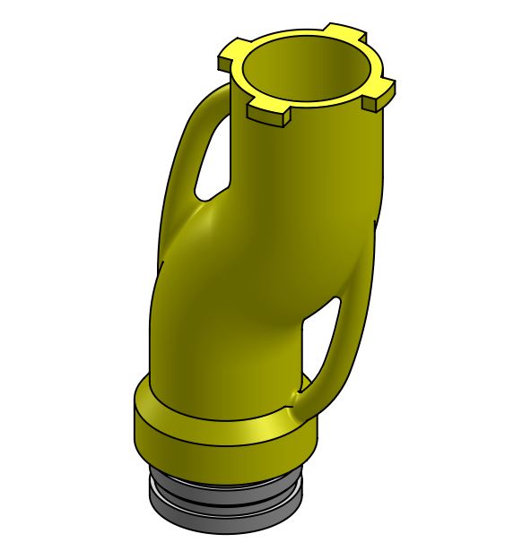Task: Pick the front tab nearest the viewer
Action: [268, 113]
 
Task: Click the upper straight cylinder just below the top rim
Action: [305, 170]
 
